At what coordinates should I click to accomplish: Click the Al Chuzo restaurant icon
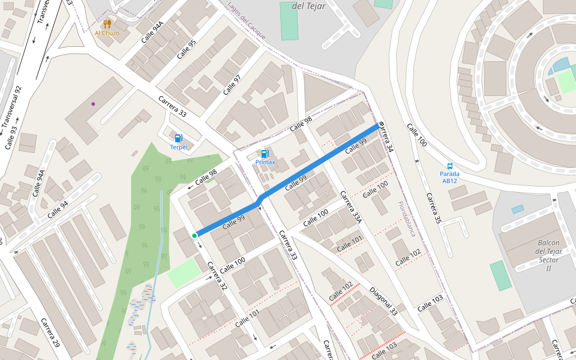point(107,23)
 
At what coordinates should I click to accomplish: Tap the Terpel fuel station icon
point(178,138)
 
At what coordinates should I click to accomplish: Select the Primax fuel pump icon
point(265,153)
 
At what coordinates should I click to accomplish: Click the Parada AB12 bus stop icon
point(449,166)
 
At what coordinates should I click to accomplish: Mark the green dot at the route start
point(194,236)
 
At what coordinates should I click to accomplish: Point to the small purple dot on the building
point(93,104)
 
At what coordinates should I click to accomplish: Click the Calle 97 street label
point(232,85)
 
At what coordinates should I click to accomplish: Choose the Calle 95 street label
point(187,49)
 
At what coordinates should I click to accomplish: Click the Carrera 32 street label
point(217,277)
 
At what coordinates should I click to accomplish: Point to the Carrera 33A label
point(351,207)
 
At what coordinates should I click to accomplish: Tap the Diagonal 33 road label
point(383,301)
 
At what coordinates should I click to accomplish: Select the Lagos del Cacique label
point(247,21)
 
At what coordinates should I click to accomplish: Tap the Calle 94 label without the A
point(58,208)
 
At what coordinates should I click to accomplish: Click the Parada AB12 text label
point(449,177)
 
